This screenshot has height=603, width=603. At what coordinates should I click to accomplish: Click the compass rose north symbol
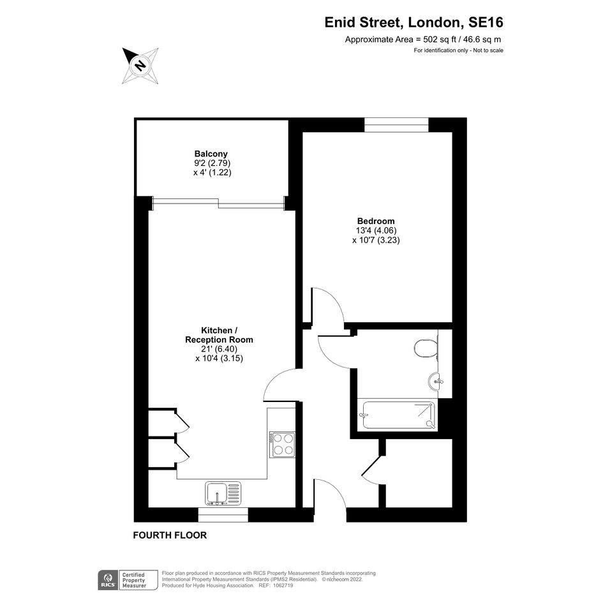tap(140, 65)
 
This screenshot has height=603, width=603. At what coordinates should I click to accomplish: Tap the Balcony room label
tap(211, 154)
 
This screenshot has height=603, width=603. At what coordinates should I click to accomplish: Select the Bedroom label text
tap(376, 221)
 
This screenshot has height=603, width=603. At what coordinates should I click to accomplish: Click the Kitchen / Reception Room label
tap(220, 335)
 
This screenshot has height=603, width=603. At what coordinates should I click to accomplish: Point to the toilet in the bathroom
tap(426, 348)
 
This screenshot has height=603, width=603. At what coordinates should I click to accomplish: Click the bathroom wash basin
tap(435, 382)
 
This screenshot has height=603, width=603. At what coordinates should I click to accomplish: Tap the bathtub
tap(398, 415)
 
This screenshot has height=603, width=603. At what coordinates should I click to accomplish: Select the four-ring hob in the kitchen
tap(282, 445)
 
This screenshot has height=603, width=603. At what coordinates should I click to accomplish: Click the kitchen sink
tap(223, 493)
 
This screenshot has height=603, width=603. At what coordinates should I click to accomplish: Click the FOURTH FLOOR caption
tap(170, 535)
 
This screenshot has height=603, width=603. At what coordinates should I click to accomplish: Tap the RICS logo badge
tap(108, 580)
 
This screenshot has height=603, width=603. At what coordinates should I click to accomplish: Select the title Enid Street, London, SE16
tap(413, 22)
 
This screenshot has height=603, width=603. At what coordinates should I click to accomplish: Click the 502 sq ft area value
tap(441, 39)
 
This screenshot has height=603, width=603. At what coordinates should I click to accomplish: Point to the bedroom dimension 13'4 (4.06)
tap(376, 230)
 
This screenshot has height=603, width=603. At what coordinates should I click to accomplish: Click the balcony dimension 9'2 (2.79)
tap(212, 163)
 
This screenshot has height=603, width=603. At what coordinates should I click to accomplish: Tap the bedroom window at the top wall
tap(396, 125)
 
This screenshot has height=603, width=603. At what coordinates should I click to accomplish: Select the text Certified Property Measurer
tap(134, 580)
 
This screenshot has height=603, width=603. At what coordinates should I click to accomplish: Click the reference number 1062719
tap(283, 586)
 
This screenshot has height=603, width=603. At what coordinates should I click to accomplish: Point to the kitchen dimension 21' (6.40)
tap(220, 349)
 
